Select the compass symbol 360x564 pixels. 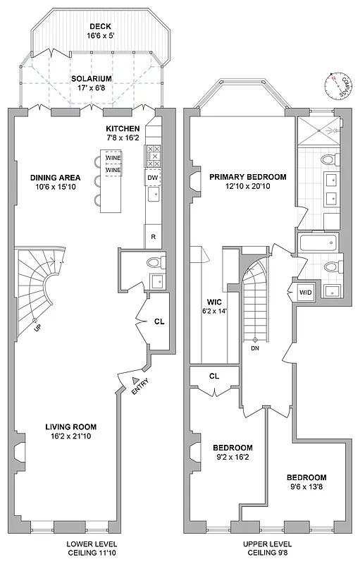point(337,84)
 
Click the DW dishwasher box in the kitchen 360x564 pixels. point(152,178)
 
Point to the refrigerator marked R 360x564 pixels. point(153,236)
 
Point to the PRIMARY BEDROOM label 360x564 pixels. point(247,177)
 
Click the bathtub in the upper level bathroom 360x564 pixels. point(318,245)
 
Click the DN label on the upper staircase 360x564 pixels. point(255,348)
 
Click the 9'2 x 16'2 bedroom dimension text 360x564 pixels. point(232,458)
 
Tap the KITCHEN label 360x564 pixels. point(123,129)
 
